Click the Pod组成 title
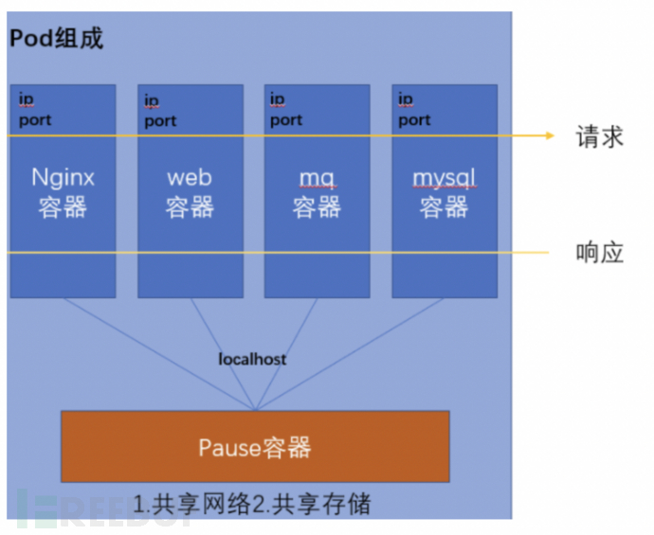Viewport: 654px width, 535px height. point(56,39)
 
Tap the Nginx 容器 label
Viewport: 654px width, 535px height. point(64,192)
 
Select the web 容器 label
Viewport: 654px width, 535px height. point(190,192)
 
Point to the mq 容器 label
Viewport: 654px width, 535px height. point(317,192)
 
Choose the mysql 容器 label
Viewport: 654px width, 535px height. point(444,192)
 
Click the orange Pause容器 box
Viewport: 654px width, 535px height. point(255,447)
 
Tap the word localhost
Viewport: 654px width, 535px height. point(252,359)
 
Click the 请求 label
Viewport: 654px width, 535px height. point(599,136)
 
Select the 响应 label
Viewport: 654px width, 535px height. point(599,253)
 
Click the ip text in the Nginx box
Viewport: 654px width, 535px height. point(26,98)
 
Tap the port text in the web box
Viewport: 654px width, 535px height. point(160,120)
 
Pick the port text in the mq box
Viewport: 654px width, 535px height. point(286,120)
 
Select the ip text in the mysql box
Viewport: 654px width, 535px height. point(405,98)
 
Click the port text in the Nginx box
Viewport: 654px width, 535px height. point(35,120)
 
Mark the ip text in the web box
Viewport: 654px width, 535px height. point(152,99)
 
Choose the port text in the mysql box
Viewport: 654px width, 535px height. point(414,120)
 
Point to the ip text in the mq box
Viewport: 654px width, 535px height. point(277,98)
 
